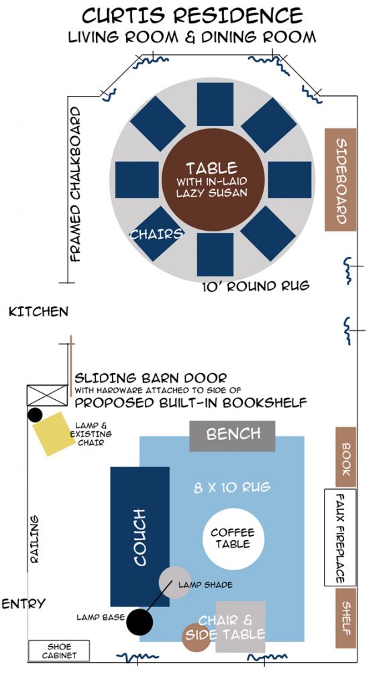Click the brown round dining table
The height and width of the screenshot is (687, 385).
[213, 180]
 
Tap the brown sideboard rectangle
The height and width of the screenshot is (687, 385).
[340, 180]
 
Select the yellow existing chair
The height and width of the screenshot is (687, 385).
[54, 433]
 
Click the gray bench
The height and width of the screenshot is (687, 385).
[232, 436]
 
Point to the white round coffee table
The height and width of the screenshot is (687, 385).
[233, 539]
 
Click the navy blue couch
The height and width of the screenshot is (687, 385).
[140, 537]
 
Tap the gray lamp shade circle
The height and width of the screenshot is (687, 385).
[175, 582]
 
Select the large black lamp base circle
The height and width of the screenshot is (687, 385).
[140, 622]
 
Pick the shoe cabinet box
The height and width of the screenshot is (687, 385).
[59, 651]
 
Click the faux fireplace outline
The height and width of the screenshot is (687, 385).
[340, 537]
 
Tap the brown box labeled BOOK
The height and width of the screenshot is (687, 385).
[345, 457]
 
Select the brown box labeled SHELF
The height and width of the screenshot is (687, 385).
[345, 618]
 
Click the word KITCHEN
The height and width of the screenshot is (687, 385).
[38, 311]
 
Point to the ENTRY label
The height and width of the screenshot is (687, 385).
[23, 604]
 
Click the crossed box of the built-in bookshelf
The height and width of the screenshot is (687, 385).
[48, 395]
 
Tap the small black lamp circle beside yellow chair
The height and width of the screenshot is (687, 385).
[35, 415]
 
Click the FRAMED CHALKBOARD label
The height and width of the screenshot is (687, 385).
[76, 184]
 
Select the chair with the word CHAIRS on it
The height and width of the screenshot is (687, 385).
[157, 233]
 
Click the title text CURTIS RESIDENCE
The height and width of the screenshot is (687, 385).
[192, 16]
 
